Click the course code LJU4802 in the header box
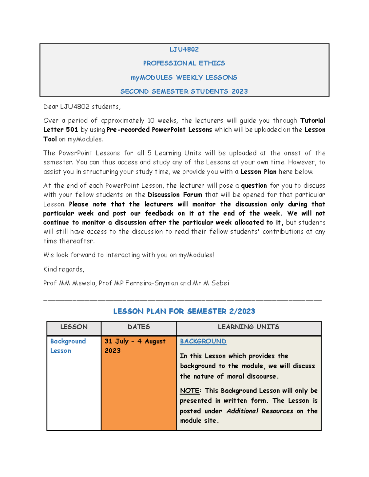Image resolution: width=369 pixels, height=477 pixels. (x=184, y=49)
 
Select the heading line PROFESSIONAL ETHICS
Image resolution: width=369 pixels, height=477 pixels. (x=184, y=63)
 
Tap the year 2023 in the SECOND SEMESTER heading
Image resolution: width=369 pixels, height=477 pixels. (x=240, y=91)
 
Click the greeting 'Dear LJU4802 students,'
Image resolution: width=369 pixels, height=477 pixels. (x=82, y=107)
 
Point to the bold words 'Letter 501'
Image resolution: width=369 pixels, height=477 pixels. (x=60, y=130)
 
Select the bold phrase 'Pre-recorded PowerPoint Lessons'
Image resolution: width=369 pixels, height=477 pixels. (x=159, y=130)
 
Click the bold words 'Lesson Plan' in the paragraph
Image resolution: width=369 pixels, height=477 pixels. (x=258, y=172)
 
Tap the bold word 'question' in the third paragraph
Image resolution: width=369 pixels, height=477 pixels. (x=254, y=186)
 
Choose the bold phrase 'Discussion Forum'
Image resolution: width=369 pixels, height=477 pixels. (x=175, y=195)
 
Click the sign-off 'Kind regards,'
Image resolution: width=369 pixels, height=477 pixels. (x=64, y=269)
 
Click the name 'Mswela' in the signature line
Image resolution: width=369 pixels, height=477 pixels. (x=84, y=283)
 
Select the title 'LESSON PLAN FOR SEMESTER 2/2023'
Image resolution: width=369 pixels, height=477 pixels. (x=184, y=311)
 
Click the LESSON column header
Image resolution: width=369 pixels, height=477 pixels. (x=74, y=327)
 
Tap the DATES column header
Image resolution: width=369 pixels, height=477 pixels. (x=139, y=327)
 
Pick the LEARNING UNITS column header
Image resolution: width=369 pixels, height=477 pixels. (x=248, y=327)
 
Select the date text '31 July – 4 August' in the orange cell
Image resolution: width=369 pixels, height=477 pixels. (x=135, y=341)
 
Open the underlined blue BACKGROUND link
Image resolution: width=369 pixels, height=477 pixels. (x=203, y=341)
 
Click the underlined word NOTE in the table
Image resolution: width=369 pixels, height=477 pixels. (x=189, y=391)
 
